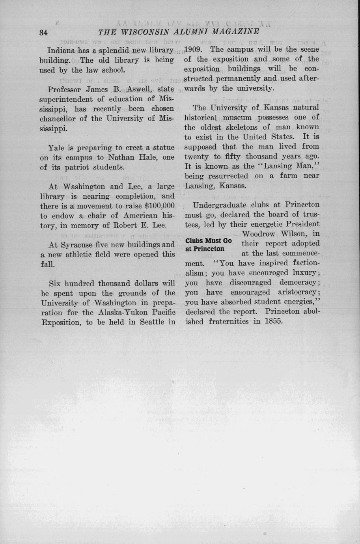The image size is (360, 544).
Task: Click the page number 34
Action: click(x=43, y=33)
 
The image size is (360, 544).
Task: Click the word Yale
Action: click(x=56, y=148)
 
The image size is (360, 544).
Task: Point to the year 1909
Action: click(x=194, y=50)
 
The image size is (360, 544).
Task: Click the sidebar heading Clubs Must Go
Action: click(x=208, y=241)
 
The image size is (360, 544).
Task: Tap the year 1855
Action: click(x=274, y=321)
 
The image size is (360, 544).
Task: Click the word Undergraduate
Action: click(x=219, y=205)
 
